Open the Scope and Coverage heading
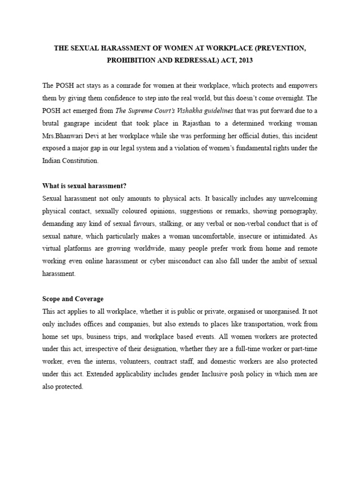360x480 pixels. pyautogui.click(x=73, y=299)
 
